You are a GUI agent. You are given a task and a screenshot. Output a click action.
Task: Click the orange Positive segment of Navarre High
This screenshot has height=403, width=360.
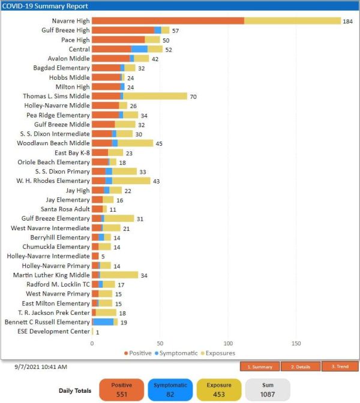168,21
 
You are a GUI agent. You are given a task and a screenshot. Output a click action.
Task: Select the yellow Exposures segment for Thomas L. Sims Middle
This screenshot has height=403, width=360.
155,96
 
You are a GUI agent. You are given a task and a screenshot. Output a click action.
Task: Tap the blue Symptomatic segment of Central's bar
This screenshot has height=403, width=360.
139,49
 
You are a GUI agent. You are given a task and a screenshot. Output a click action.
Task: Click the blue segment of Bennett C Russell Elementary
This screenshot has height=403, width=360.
104,322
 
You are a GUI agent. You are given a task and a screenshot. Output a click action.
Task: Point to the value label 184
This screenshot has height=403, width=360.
347,22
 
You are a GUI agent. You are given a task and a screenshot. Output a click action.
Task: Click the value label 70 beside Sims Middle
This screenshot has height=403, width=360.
193,97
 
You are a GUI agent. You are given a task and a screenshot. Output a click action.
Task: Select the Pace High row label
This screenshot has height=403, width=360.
76,40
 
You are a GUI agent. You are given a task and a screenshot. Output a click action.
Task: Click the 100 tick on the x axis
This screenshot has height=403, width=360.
228,344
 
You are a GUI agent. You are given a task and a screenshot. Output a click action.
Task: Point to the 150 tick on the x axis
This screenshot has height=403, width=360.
296,344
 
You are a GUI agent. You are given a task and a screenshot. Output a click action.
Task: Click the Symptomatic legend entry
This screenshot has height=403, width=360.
176,353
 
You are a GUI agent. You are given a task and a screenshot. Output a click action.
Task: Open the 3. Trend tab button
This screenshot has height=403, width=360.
340,366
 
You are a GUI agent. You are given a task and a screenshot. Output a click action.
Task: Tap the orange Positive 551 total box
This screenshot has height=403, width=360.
122,390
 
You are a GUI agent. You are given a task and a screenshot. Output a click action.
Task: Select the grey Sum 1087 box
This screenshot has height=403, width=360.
268,390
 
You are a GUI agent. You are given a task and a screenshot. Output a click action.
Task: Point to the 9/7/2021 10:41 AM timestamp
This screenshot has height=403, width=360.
41,366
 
